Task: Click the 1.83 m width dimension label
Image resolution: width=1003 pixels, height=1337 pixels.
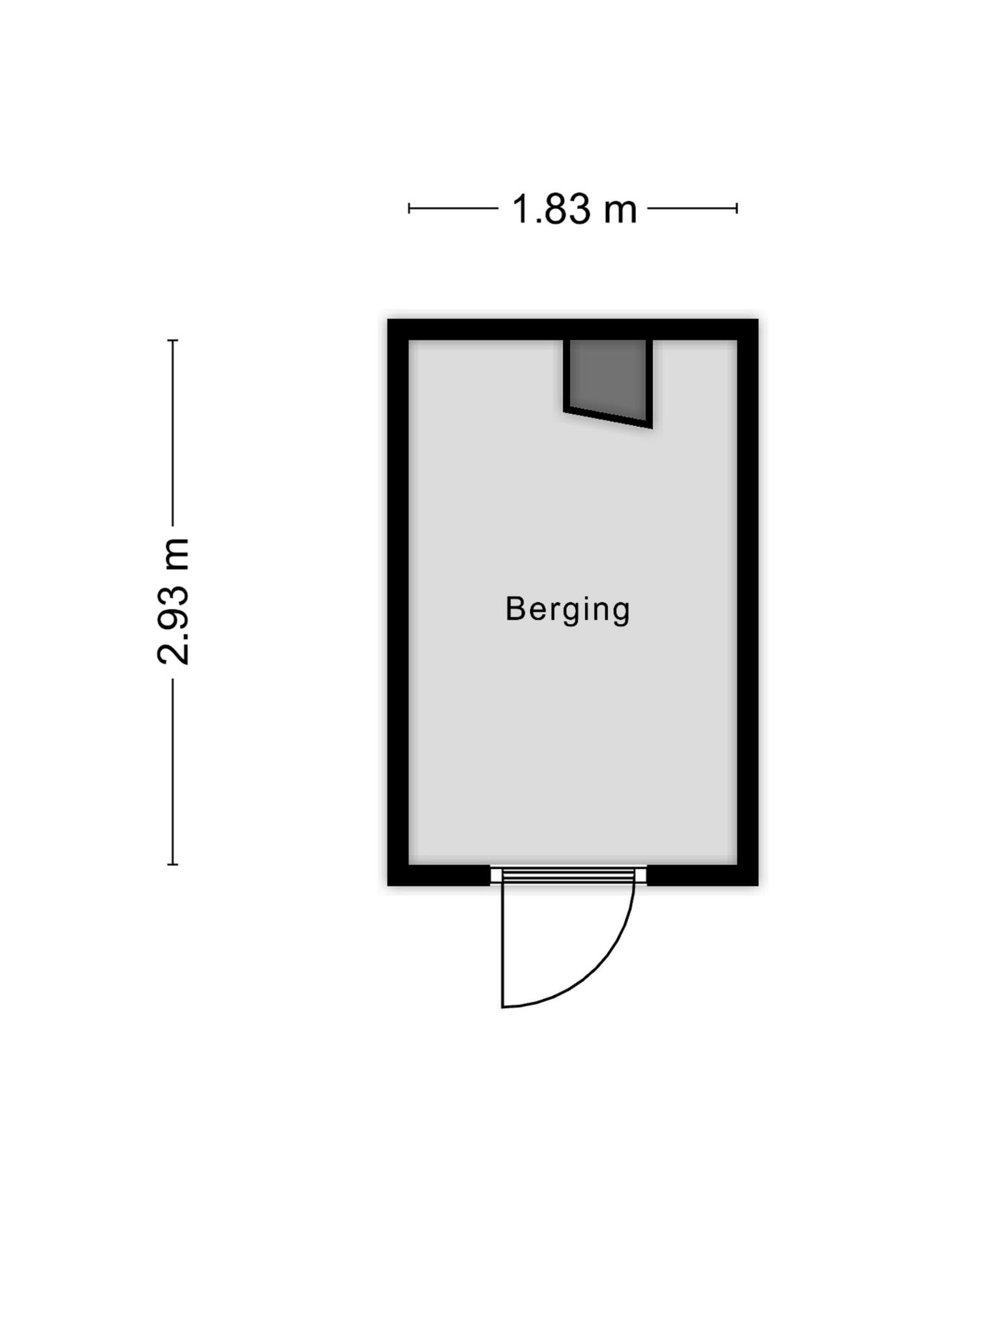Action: [x=573, y=209]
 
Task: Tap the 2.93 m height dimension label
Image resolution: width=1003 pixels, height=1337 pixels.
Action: [x=173, y=602]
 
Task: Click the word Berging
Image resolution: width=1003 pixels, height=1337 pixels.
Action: [x=567, y=610]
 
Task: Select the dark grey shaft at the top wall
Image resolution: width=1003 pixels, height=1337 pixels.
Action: [x=608, y=382]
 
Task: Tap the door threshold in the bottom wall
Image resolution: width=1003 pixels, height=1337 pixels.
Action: [x=568, y=875]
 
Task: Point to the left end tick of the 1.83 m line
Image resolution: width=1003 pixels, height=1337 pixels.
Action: [x=409, y=209]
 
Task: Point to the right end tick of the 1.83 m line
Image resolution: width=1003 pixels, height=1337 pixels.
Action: [x=737, y=209]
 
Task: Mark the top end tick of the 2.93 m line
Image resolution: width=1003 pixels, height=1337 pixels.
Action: [x=173, y=340]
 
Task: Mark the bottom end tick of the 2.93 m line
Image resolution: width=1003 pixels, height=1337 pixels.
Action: [x=173, y=864]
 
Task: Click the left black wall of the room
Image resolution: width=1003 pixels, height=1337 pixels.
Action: [x=398, y=602]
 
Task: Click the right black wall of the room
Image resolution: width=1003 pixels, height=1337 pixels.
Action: [x=748, y=602]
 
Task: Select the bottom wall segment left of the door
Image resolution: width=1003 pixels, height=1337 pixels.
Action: [x=439, y=875]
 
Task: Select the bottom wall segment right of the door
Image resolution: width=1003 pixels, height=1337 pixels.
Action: [x=703, y=875]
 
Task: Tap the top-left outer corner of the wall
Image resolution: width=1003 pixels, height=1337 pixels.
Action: [x=388, y=320]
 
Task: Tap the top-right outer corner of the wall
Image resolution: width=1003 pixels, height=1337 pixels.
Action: [x=758, y=320]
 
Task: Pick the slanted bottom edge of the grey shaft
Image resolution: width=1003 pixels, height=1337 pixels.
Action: [x=608, y=419]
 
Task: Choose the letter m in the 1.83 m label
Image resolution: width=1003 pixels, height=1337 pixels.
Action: [x=618, y=213]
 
